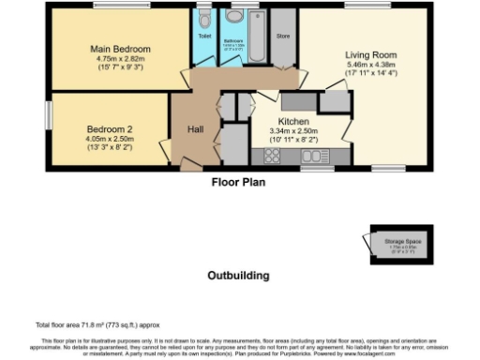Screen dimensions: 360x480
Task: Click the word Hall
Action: pos(194,129)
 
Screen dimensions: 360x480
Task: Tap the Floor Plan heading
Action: pos(237,182)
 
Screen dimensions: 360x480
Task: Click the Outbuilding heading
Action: pos(238,276)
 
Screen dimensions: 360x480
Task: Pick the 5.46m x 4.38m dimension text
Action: pos(370,65)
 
